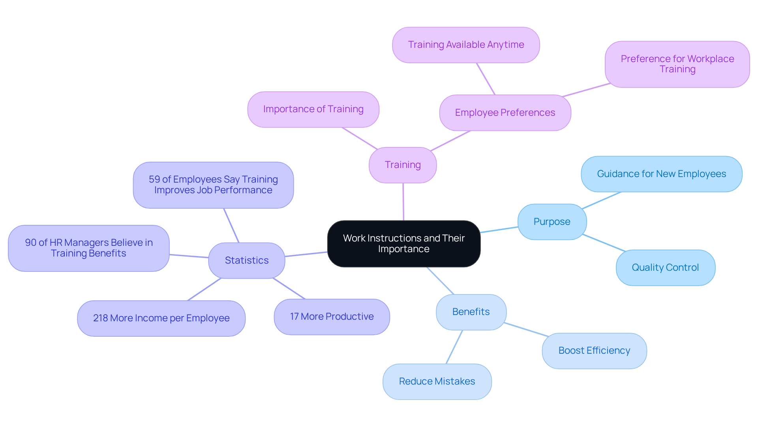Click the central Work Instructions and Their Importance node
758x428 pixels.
(403, 243)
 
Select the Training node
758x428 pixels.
(403, 165)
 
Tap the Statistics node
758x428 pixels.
(246, 260)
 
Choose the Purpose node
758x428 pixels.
(552, 222)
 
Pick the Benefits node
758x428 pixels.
(471, 312)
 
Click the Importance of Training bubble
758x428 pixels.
(313, 109)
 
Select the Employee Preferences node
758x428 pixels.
(505, 113)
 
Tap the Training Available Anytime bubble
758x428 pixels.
(466, 45)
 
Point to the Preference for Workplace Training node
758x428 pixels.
(677, 64)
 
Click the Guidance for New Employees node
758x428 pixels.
(661, 174)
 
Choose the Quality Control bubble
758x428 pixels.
(665, 268)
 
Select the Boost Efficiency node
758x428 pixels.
(594, 351)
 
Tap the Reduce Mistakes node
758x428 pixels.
(437, 381)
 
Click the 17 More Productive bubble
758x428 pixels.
(332, 317)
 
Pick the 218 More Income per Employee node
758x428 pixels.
(161, 318)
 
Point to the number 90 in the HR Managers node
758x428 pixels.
(30, 243)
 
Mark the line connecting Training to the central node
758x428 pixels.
(403, 202)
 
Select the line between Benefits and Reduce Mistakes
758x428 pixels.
(454, 347)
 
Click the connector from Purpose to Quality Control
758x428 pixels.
(604, 243)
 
